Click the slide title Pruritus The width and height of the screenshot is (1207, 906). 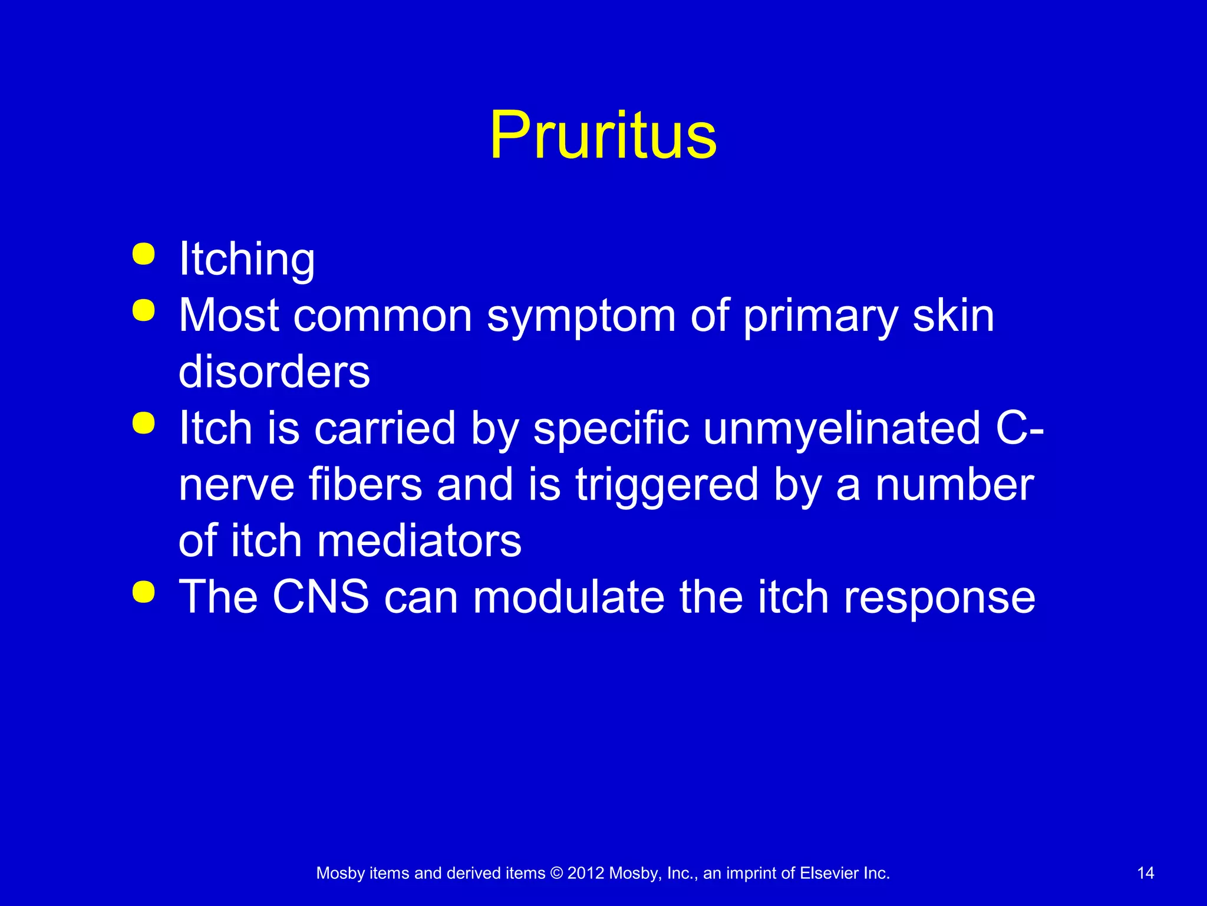click(x=603, y=136)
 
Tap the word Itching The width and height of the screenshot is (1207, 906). click(x=247, y=260)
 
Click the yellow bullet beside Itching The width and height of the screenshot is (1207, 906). click(x=144, y=254)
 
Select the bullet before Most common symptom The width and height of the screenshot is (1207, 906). click(x=144, y=311)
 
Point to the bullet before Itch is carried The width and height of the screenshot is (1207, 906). click(x=144, y=423)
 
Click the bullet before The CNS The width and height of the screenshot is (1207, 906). click(x=144, y=592)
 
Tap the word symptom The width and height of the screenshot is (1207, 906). click(x=581, y=317)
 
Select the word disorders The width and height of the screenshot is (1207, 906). click(x=274, y=372)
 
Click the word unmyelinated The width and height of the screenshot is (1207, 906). click(x=842, y=428)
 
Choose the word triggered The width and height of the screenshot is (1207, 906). click(x=667, y=485)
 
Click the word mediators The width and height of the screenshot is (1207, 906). click(x=419, y=541)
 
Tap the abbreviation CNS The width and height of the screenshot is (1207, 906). click(x=321, y=597)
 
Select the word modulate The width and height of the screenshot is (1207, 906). click(x=569, y=597)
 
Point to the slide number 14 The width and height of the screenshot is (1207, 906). click(x=1145, y=873)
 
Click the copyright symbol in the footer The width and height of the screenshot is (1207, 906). click(x=556, y=873)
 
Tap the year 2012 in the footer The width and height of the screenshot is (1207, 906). click(x=586, y=873)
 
